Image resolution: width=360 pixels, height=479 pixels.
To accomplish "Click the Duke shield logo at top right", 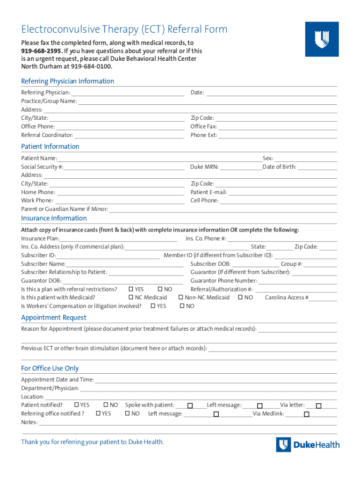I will (x=322, y=39).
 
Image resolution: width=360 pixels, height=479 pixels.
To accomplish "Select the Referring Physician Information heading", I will (x=67, y=81).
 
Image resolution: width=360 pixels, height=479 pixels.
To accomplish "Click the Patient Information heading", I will (x=50, y=146).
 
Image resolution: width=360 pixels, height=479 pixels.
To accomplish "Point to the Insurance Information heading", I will (x=54, y=218).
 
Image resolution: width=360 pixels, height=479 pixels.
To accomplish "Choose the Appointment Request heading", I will (x=54, y=318).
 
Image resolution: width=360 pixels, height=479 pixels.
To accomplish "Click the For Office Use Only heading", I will (x=50, y=368).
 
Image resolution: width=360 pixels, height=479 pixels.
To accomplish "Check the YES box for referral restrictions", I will (x=131, y=289).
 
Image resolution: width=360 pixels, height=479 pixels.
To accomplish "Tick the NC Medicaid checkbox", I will (x=131, y=298).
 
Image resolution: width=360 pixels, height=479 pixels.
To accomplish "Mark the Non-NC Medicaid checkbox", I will (x=180, y=298).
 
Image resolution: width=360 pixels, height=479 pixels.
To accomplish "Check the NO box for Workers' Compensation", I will (x=182, y=306).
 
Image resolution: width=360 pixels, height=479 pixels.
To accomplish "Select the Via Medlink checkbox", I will (x=307, y=414).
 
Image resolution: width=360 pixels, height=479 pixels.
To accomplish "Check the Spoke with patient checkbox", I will (x=190, y=406).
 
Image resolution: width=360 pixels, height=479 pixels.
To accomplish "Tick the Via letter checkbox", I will (x=318, y=406).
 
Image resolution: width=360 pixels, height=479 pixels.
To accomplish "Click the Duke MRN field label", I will (x=204, y=167).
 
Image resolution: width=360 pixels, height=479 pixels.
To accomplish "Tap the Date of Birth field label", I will (x=279, y=167).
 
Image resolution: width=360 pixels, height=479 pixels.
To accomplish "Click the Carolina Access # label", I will (x=287, y=298).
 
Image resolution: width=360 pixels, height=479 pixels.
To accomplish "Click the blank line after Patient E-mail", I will (x=282, y=192).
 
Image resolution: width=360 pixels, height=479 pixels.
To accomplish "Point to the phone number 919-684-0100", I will (x=91, y=66).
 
